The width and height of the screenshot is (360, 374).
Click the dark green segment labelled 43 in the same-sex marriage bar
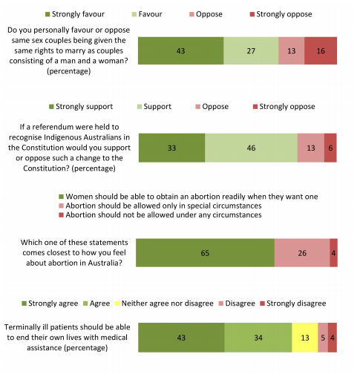pos(180,50)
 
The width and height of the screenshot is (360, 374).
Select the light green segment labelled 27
pos(251,50)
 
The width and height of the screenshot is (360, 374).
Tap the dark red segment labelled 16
pos(321,50)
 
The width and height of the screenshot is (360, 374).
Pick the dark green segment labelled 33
pos(171,148)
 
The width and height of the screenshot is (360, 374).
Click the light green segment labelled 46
pos(251,148)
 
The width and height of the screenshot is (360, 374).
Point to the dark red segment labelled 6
pos(330,148)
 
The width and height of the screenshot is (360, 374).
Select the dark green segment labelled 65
pos(205,253)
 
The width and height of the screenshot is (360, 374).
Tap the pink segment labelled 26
pos(302,253)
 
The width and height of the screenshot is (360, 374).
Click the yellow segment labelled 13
pos(305,338)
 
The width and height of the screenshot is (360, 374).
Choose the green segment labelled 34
pos(258,338)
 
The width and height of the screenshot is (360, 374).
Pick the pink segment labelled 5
pos(323,338)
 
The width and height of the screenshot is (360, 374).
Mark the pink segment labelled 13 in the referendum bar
pos(311,148)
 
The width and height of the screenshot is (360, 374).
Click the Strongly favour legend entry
pos(75,14)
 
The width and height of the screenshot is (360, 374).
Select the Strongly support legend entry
pos(81,107)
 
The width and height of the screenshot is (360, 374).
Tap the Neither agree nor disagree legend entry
pos(164,304)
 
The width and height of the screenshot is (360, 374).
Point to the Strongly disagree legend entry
pos(293,304)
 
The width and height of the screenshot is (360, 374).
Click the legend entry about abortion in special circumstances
pos(160,206)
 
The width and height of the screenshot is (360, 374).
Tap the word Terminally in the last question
pos(22,327)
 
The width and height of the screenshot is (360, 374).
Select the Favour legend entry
pos(147,14)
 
